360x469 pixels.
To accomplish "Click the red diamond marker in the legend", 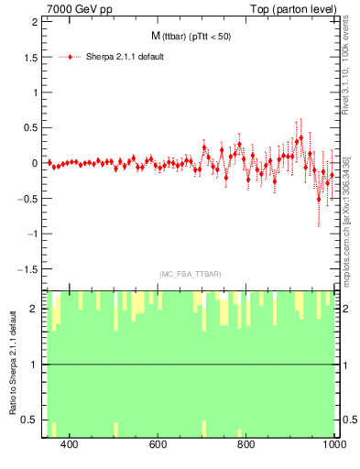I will (x=71, y=57).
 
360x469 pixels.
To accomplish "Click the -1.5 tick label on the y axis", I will (x=28, y=269).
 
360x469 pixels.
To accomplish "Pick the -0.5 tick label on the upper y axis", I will (x=28, y=199).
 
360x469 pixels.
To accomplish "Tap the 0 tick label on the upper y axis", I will (x=36, y=163).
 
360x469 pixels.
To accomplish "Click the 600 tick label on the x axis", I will (x=157, y=444).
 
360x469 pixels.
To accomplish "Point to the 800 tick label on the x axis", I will (x=245, y=444).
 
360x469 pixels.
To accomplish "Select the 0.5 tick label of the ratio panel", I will (x=30, y=420).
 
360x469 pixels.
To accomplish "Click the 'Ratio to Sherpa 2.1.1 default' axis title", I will (x=12, y=364).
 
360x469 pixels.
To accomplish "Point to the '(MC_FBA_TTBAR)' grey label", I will (x=191, y=274).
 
